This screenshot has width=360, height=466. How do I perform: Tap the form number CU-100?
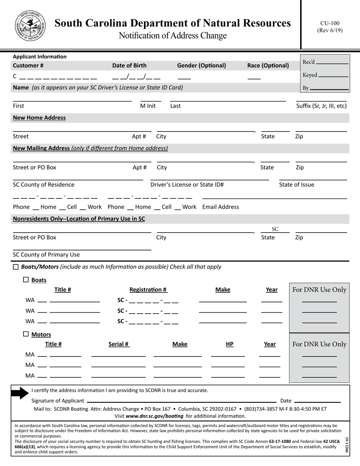coord(330,23)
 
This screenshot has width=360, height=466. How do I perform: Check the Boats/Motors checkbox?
coord(16,267)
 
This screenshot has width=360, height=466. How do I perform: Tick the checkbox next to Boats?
coord(26,280)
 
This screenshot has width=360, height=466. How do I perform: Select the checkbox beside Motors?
coord(26,334)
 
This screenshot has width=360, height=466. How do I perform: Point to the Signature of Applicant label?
coord(58,400)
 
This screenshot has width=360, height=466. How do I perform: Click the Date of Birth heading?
coord(129,65)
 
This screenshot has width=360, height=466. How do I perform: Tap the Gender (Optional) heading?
coord(201,65)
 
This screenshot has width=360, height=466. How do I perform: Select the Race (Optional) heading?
coord(268,65)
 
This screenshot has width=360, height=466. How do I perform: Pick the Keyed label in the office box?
coord(310,75)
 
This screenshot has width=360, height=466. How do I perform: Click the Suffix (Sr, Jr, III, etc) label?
coord(321,106)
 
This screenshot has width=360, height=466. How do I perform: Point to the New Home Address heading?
coord(39,117)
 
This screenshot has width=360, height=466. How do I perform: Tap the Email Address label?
coord(221,207)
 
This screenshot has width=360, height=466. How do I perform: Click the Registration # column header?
coord(148,289)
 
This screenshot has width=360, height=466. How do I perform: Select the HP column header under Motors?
coord(229,344)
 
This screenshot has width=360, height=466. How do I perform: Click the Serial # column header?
coord(119,344)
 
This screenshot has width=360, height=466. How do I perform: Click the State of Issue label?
coord(296,185)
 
